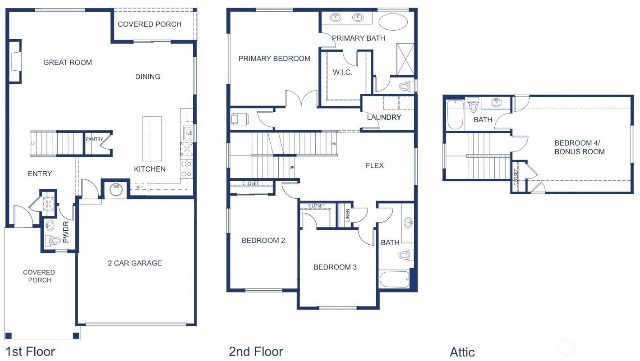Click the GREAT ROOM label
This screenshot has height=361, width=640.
click(68, 63)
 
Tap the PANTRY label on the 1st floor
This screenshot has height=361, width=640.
click(94, 139)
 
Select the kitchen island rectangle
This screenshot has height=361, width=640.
click(152, 139)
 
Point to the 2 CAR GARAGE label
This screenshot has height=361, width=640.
click(134, 263)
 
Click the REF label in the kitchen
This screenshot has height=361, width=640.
click(139, 187)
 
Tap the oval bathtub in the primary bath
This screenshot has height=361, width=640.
click(392, 21)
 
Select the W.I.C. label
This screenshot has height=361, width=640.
click(342, 73)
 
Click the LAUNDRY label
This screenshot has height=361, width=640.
click(384, 118)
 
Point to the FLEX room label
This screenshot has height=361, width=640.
click(374, 166)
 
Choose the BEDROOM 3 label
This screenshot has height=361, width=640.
click(335, 267)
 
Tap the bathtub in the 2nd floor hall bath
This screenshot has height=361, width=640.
click(394, 279)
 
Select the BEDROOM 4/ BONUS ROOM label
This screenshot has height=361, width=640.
click(579, 147)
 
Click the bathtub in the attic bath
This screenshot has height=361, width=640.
click(455, 115)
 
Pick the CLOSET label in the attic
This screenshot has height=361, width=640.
click(516, 177)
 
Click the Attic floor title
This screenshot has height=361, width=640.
click(462, 352)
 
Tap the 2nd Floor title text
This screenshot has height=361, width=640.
click(256, 352)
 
